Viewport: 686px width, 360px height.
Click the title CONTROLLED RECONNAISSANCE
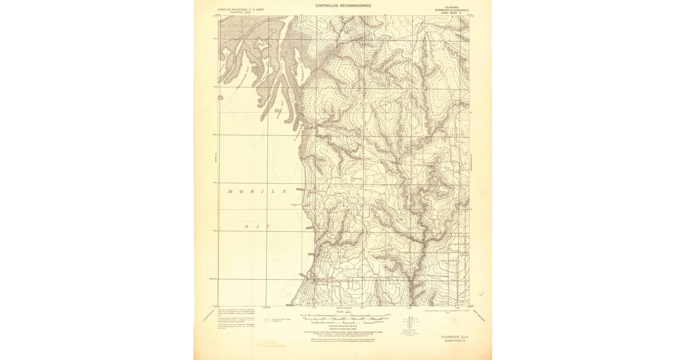tap(343, 6)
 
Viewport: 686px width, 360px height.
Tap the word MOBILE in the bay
tap(257, 191)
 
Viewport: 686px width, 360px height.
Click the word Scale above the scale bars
tap(343, 311)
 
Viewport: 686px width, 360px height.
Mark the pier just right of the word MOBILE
tap(300, 189)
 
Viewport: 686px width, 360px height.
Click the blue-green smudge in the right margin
tap(482, 294)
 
